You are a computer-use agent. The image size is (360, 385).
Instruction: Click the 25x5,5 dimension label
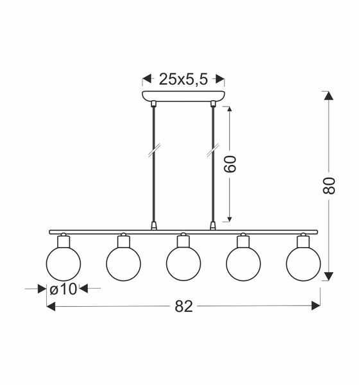183,80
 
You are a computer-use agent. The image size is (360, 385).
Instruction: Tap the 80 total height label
329,185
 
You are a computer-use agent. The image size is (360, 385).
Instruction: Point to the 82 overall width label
184,307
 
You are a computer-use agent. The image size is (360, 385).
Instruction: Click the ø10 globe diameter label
63,289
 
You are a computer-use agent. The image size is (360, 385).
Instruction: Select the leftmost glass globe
63,264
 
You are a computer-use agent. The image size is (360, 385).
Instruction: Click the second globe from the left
123,264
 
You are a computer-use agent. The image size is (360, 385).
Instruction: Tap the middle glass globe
183,264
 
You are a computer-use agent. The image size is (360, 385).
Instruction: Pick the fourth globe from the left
243,264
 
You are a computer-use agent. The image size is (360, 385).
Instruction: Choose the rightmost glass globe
303,264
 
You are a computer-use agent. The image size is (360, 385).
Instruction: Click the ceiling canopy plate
183,98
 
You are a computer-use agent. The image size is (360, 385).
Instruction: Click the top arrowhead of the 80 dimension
329,96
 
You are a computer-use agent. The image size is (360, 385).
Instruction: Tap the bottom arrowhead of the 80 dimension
329,276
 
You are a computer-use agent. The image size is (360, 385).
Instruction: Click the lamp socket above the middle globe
183,241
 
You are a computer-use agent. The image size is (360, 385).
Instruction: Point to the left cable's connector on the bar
153,226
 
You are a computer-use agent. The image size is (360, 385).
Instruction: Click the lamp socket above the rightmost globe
303,241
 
